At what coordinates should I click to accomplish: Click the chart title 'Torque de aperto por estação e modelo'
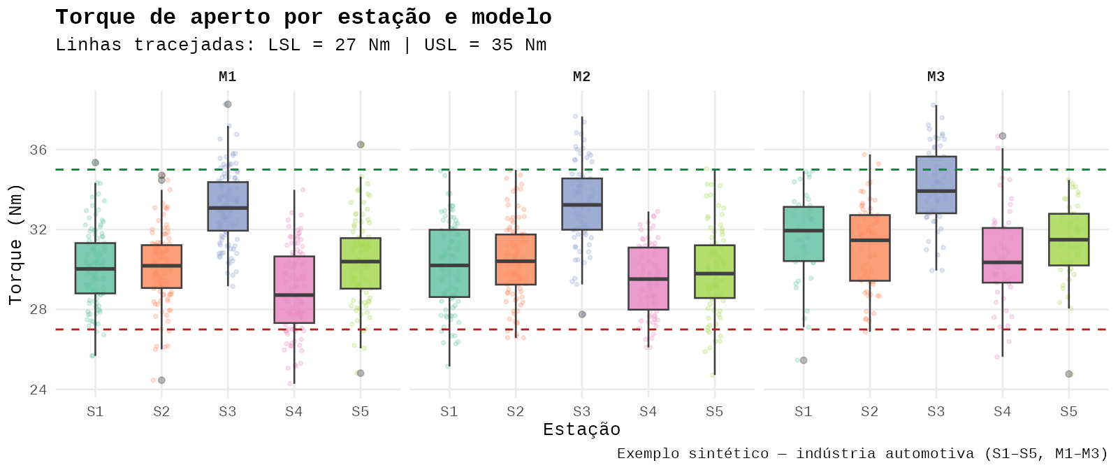click(303, 17)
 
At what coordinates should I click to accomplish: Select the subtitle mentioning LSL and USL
click(300, 45)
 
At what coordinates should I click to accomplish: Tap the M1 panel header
click(228, 77)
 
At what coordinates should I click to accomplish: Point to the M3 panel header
click(936, 77)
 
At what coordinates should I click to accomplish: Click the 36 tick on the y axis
click(38, 150)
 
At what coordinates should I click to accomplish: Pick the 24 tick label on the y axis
click(38, 390)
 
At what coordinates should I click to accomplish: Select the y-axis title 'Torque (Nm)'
click(15, 244)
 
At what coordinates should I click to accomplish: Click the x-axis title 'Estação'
click(581, 429)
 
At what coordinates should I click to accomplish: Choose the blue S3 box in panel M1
click(228, 206)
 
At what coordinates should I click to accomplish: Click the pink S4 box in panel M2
click(648, 278)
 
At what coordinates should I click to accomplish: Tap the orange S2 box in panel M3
click(870, 248)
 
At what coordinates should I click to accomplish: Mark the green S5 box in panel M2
click(715, 271)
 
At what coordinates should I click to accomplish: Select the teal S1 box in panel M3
click(804, 234)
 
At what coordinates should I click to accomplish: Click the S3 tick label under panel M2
click(581, 412)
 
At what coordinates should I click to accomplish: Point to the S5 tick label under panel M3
click(1068, 412)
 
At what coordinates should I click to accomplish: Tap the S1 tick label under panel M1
click(95, 412)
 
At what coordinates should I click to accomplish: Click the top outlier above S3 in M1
click(228, 104)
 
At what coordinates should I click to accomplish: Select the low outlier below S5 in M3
click(1068, 374)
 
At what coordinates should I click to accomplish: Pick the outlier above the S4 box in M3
click(1003, 136)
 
